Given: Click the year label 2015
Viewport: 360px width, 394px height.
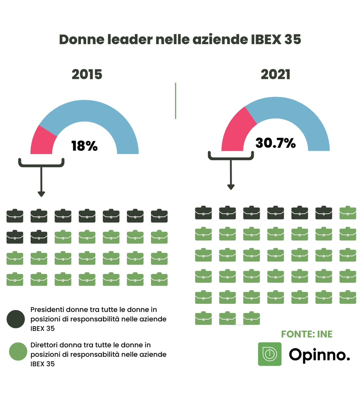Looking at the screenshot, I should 87,75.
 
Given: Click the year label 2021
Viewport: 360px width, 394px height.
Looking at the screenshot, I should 275,75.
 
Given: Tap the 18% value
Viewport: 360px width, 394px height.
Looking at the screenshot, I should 84,146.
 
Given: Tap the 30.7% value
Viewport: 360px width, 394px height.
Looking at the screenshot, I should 275,143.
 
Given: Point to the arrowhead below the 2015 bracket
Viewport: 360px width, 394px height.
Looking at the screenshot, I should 41,194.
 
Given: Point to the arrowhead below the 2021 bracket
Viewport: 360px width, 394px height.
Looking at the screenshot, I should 231,187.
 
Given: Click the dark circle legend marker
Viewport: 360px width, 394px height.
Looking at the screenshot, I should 16,319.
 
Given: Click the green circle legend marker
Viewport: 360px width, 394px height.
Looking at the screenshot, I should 18,352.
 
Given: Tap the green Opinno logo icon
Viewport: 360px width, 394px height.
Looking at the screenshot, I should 269,354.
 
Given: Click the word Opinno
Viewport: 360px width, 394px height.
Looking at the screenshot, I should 319,355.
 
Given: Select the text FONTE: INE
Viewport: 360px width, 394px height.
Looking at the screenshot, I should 307,334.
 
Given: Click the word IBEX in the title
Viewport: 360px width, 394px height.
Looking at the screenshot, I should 266,39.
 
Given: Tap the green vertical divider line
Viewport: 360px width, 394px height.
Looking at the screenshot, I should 175,101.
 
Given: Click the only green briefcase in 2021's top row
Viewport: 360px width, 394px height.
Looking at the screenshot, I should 348,213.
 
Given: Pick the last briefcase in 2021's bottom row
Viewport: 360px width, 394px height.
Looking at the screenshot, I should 251,319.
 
